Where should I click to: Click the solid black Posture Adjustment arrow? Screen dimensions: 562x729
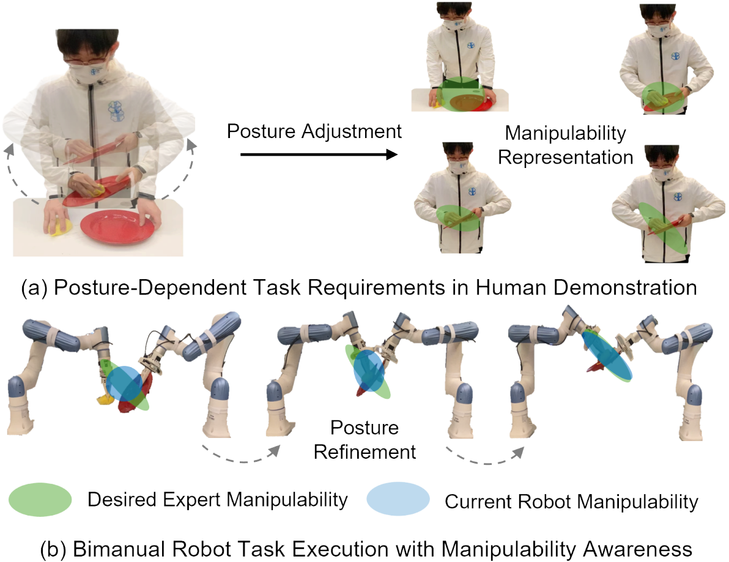pyautogui.click(x=318, y=155)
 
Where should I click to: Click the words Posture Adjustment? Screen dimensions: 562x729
pyautogui.click(x=314, y=131)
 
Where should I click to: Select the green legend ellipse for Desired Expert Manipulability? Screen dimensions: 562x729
pyautogui.click(x=41, y=500)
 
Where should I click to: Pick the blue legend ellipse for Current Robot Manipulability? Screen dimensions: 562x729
pyautogui.click(x=398, y=500)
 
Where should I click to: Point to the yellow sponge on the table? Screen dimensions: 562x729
pyautogui.click(x=59, y=227)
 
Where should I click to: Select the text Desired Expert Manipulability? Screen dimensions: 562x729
pyautogui.click(x=218, y=500)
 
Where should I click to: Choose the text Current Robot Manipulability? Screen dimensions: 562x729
pyautogui.click(x=571, y=502)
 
